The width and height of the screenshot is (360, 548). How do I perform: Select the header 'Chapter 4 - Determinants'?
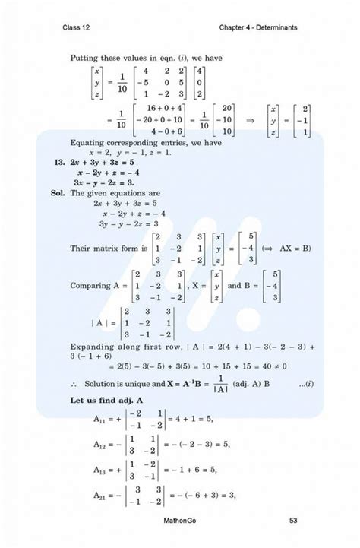coord(258,28)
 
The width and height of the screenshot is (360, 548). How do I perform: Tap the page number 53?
coord(293,520)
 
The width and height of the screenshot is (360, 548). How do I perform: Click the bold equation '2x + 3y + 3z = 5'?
coord(103,162)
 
